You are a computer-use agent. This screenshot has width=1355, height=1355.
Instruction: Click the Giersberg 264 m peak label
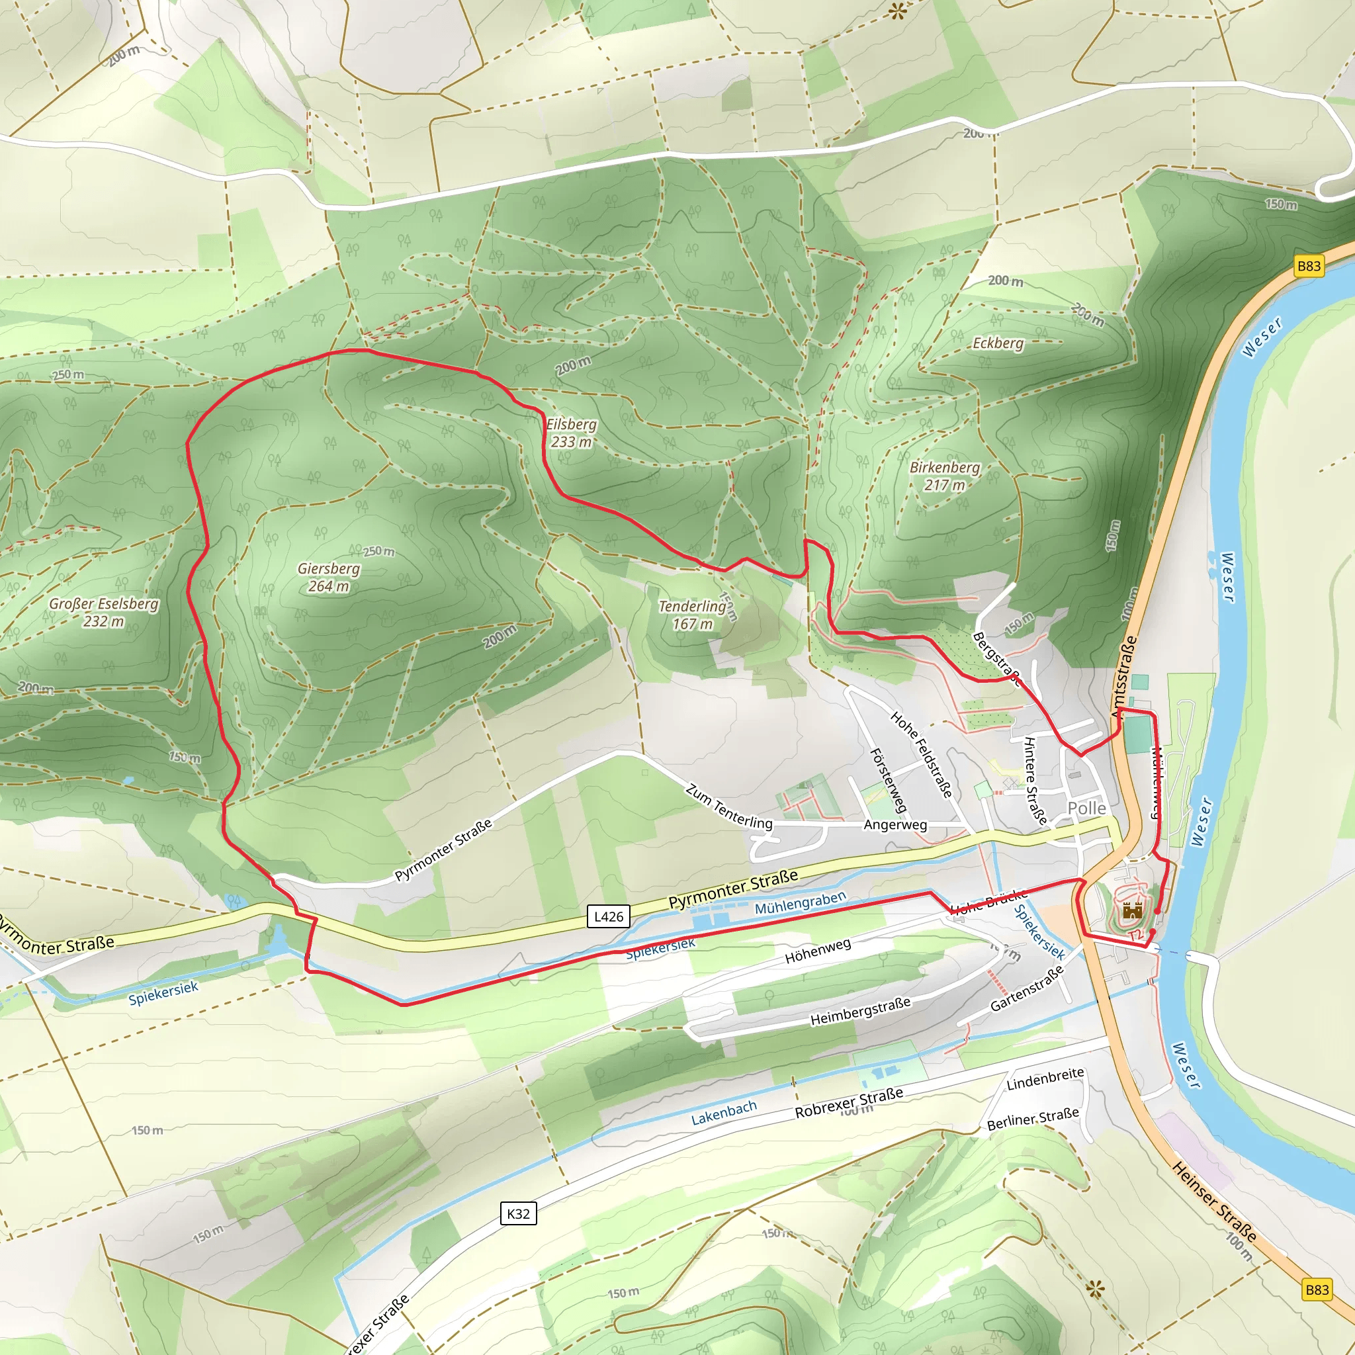pos(328,577)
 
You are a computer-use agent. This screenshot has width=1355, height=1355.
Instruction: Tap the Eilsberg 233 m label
pos(571,433)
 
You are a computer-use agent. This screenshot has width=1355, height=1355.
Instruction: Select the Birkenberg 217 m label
pos(944,476)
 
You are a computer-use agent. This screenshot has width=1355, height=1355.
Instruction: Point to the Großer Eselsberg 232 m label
pos(104,612)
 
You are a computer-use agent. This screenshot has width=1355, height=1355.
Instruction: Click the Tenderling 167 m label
pos(691,615)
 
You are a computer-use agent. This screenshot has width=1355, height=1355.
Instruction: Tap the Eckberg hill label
pos(997,343)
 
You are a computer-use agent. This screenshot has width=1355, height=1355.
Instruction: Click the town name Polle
pos(1086,808)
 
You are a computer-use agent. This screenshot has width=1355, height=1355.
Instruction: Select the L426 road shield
pos(608,916)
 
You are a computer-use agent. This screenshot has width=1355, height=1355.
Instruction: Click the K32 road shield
pos(518,1213)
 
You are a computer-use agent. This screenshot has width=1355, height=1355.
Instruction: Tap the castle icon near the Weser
pos(1132,911)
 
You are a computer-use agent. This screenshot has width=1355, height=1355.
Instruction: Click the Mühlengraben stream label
pos(801,902)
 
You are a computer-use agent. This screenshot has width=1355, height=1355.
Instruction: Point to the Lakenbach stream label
pos(724,1113)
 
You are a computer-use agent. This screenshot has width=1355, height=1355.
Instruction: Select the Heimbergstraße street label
pos(860,1012)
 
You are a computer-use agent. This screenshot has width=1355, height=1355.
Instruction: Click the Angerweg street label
pos(895,825)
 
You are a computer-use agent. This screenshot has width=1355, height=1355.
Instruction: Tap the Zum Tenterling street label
pos(728,807)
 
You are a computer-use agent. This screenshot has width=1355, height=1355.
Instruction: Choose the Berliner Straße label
pos(1032,1119)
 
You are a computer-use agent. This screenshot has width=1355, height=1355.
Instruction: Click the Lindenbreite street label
pos(1045,1079)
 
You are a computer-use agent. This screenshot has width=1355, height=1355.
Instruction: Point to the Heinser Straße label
pos(1214,1201)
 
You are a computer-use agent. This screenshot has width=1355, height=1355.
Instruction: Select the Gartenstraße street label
pos(1027,988)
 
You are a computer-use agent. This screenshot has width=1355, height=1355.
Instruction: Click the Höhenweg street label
pos(818,951)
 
